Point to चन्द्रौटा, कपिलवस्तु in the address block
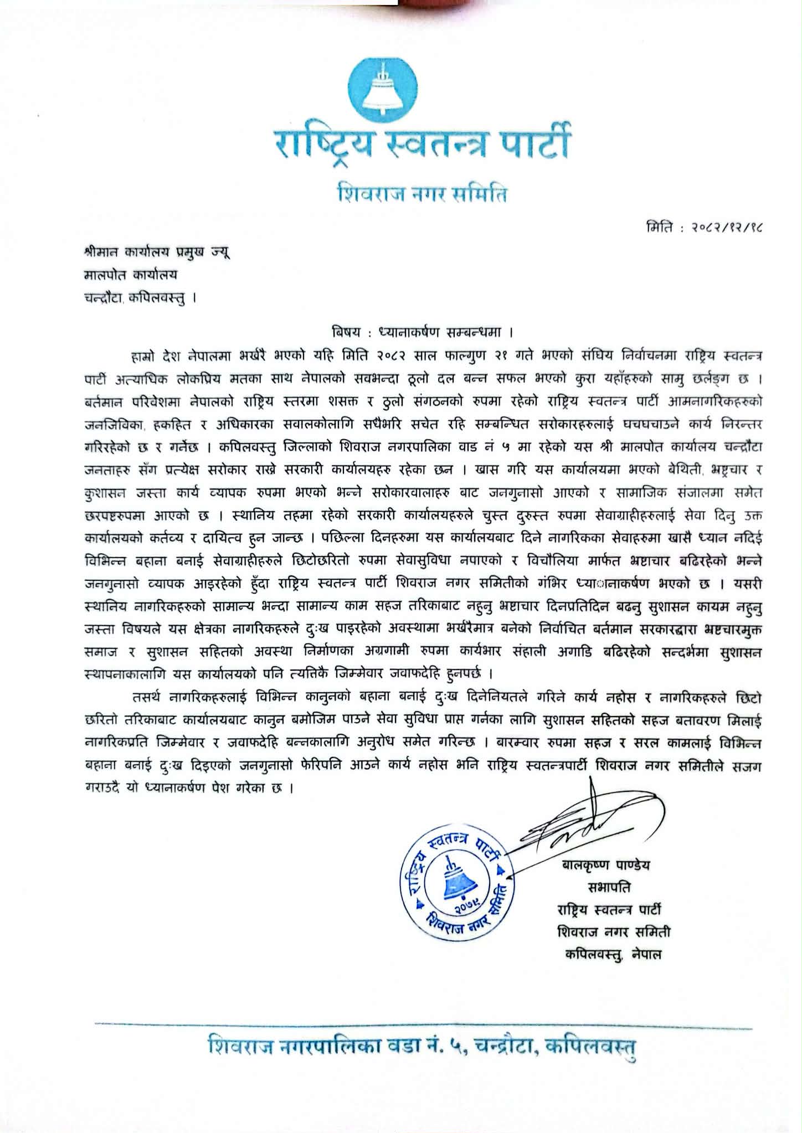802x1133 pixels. pyautogui.click(x=136, y=297)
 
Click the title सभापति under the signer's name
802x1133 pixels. pyautogui.click(x=609, y=888)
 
